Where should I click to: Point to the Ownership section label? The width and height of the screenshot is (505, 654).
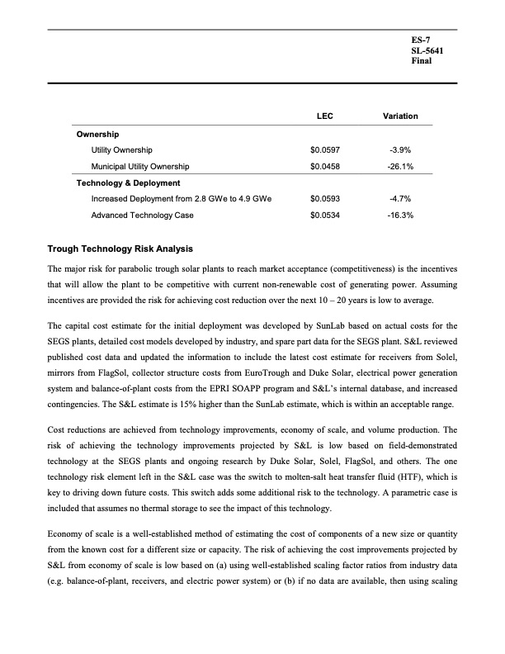[x=97, y=134]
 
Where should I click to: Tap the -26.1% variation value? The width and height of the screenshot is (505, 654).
[x=400, y=166]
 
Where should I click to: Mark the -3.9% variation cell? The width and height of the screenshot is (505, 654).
[x=400, y=150]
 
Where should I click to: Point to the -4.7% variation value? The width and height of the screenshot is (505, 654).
[x=400, y=199]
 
